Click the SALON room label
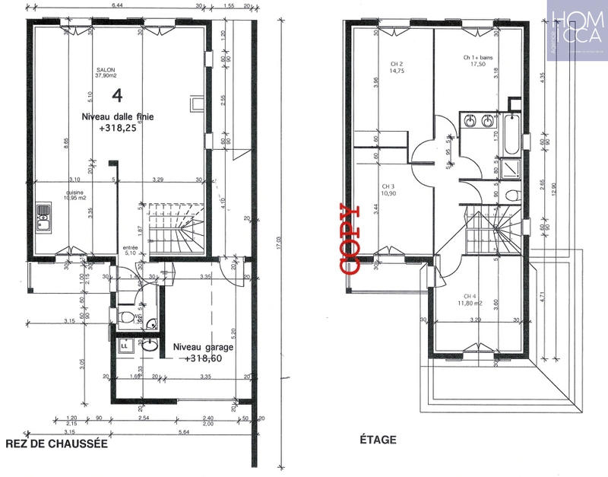coord(105,68)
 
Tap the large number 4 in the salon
coord(117,95)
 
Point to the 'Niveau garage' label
coord(203,347)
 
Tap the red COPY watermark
coord(349,238)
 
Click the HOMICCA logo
coord(577,27)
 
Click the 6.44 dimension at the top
coord(118,5)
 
